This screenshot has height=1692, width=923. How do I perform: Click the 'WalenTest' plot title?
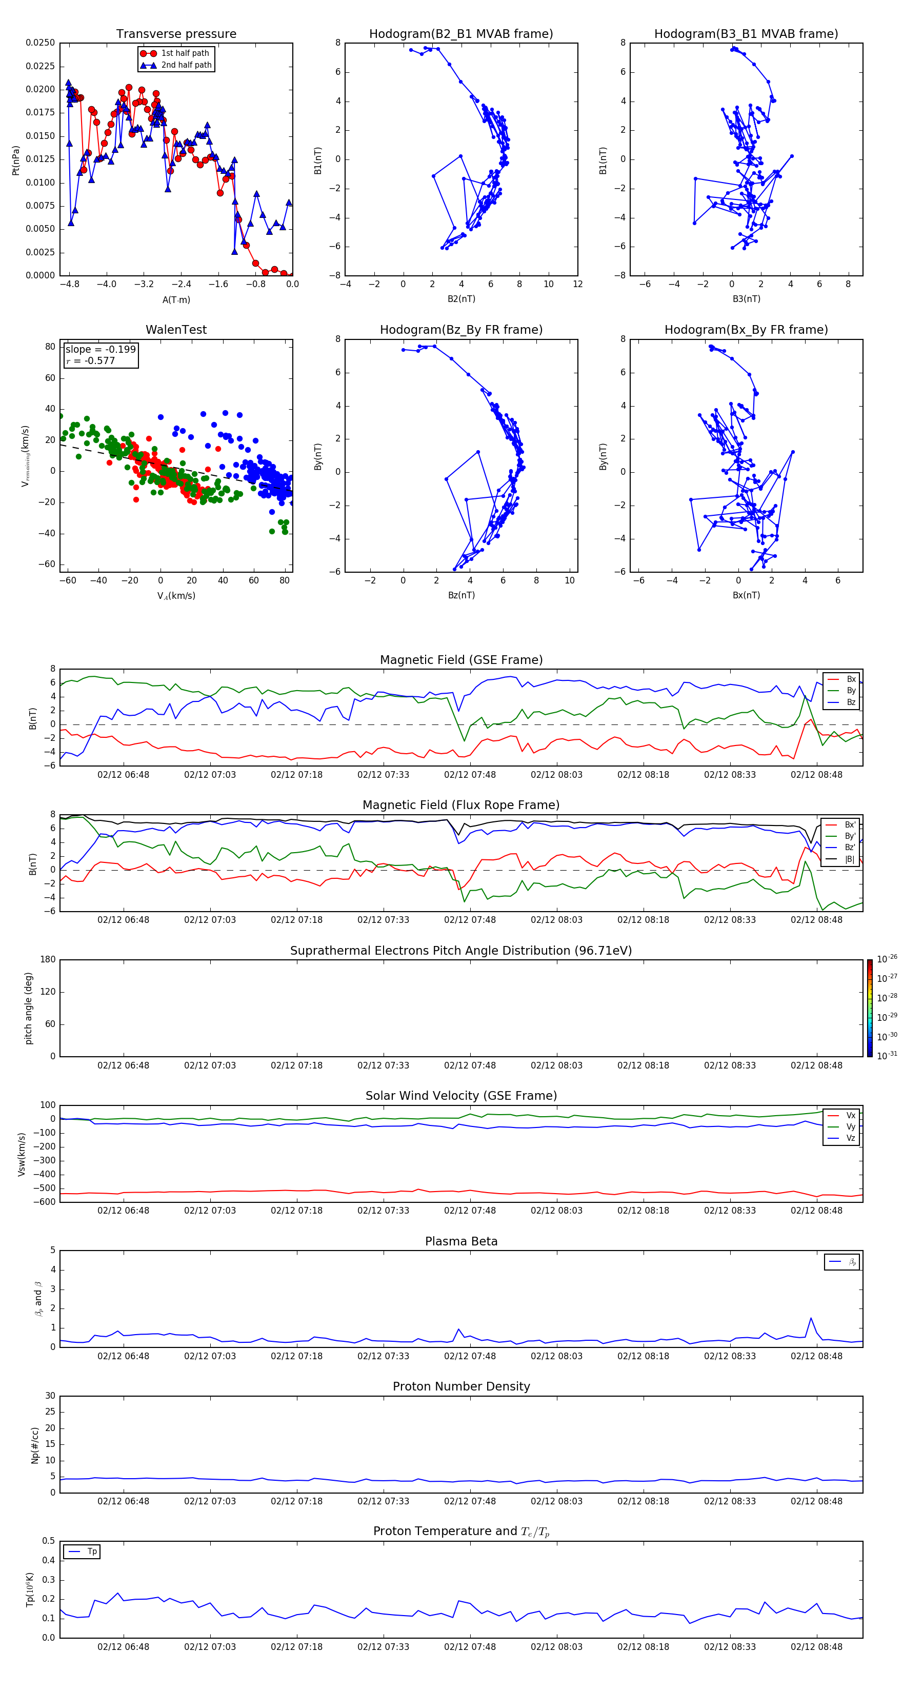[x=176, y=330]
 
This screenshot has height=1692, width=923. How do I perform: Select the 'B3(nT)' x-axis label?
[x=746, y=299]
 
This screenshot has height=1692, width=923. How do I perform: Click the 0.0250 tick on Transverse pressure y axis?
[x=40, y=43]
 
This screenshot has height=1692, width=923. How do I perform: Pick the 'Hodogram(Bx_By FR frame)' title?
[x=746, y=330]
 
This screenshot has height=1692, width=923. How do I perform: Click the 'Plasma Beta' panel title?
[x=460, y=1241]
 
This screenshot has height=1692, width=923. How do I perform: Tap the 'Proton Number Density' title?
[x=460, y=1386]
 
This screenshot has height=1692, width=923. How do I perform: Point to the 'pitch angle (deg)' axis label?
[x=29, y=1008]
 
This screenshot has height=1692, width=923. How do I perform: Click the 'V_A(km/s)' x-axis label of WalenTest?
[x=176, y=596]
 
